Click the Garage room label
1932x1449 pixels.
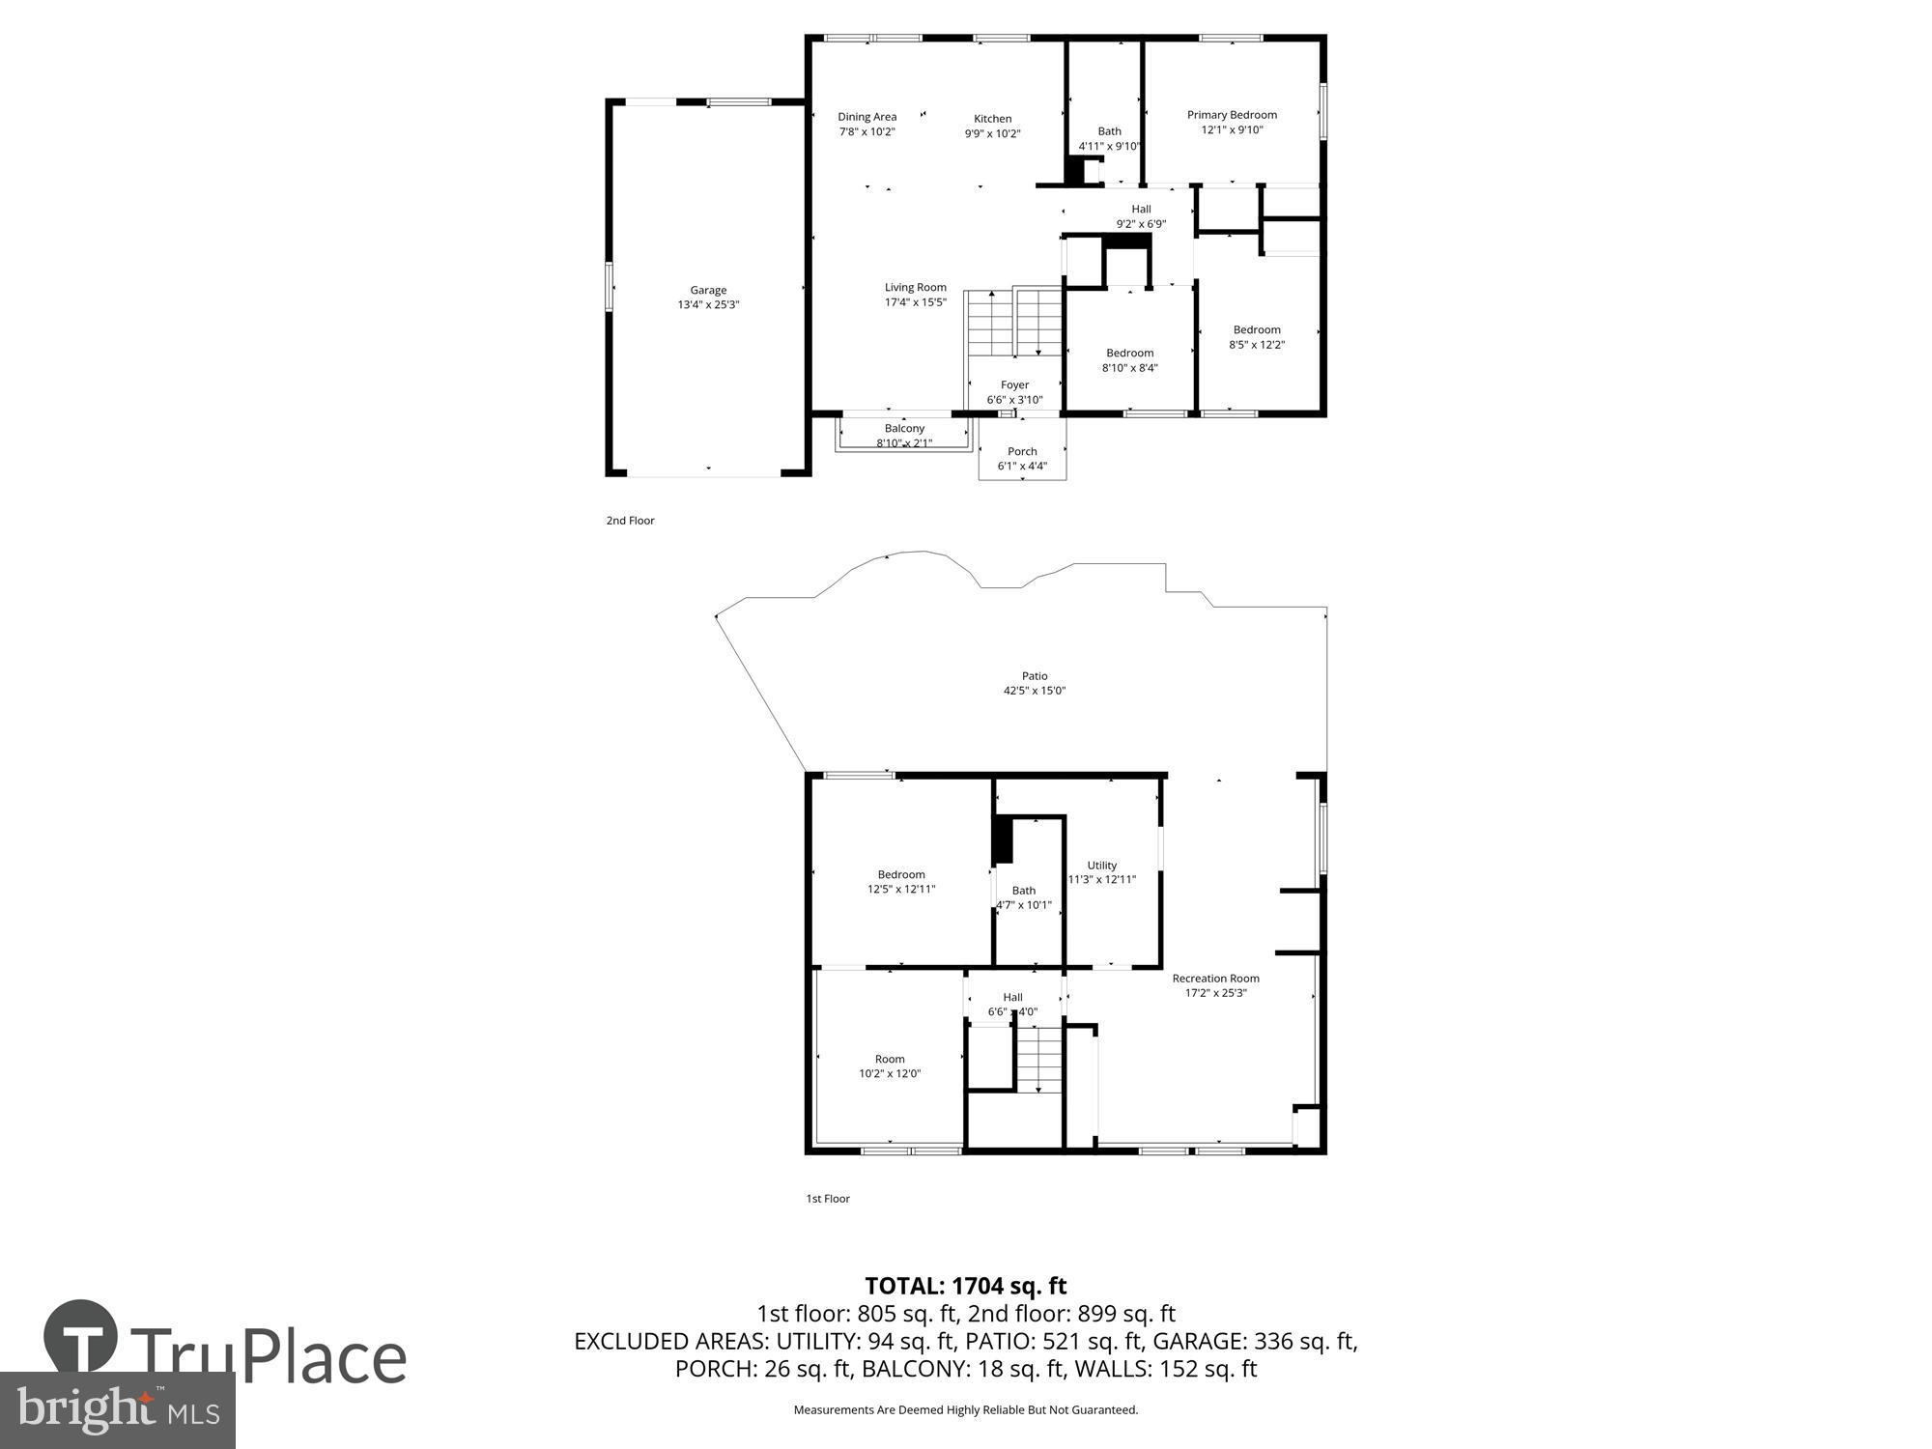(x=708, y=290)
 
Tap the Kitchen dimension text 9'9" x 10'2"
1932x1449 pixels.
(x=992, y=134)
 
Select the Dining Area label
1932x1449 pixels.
(x=867, y=117)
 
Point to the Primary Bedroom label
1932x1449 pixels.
(x=1232, y=115)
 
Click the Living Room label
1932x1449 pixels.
(x=915, y=287)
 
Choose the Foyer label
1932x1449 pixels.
(x=1014, y=384)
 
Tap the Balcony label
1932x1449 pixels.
(x=904, y=428)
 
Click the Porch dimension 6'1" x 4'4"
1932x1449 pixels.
(x=1022, y=467)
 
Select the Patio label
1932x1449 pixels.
(x=1034, y=676)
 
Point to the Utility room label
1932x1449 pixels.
(x=1101, y=866)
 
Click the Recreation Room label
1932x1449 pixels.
(x=1215, y=979)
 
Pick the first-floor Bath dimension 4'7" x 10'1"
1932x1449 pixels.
(x=1024, y=906)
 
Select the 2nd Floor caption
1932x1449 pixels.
(x=630, y=521)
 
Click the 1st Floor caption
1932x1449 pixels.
(x=828, y=1199)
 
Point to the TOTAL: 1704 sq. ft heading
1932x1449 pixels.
(x=965, y=1286)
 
